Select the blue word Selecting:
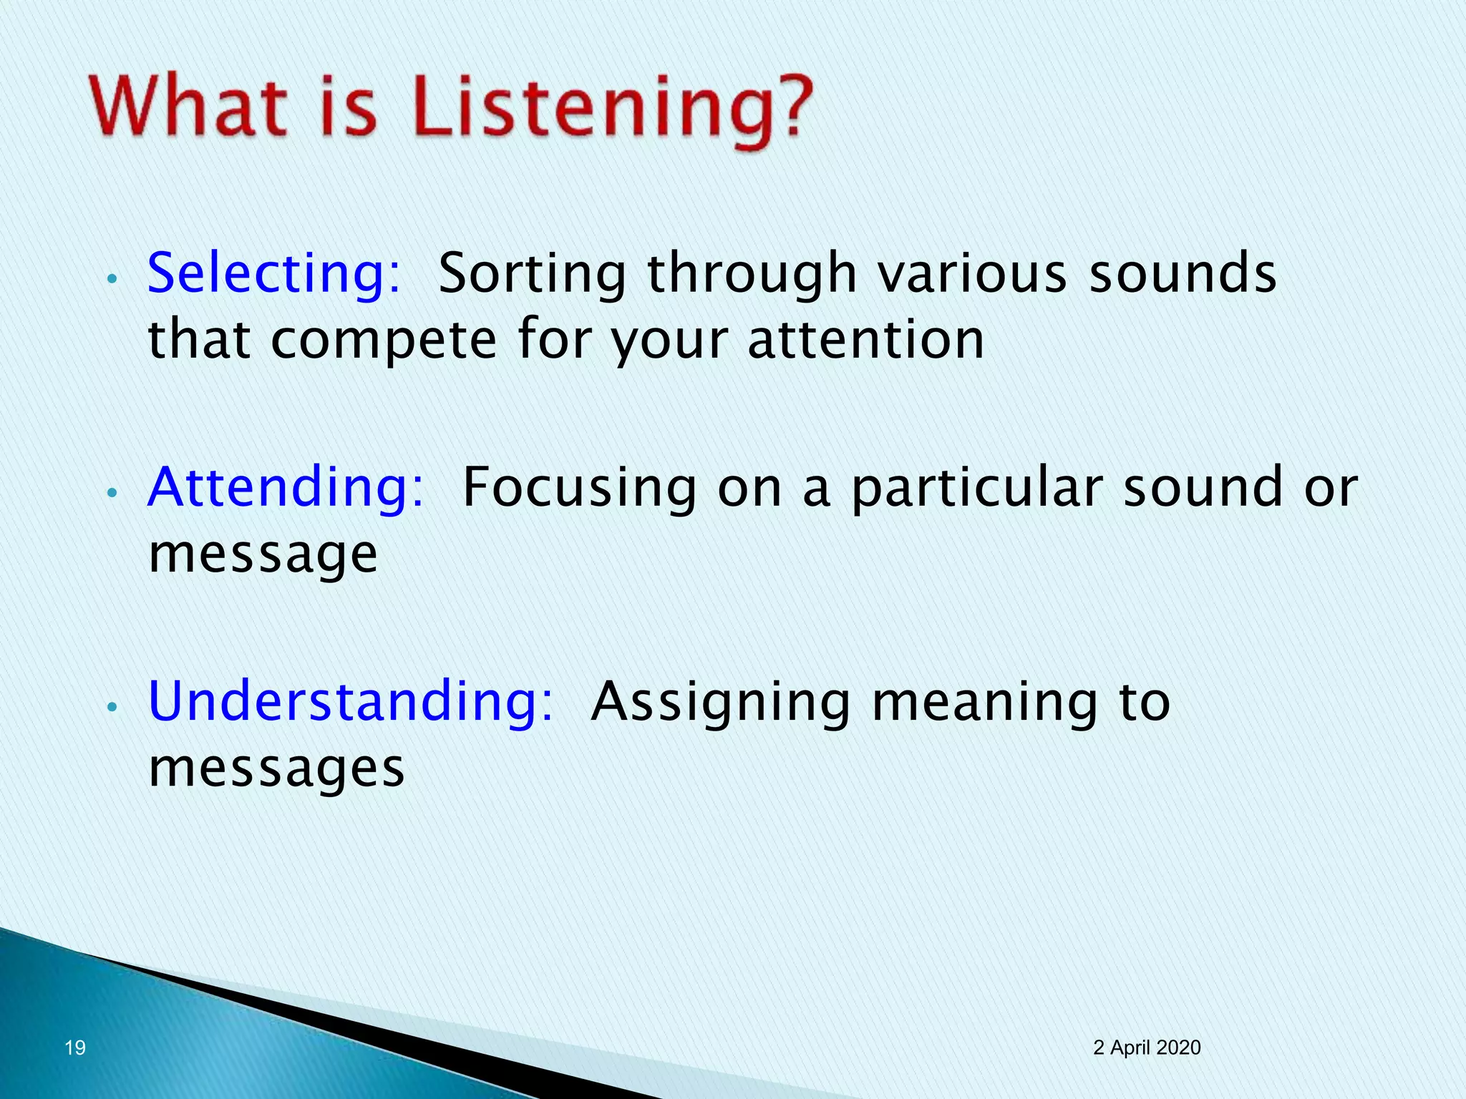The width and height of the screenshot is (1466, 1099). pos(274,274)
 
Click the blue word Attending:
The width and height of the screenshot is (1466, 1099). pos(286,488)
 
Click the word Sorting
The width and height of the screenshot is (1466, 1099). pos(532,274)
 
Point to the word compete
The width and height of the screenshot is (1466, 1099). pos(384,341)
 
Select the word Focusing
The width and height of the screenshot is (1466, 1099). pos(579,488)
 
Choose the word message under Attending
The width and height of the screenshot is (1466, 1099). pos(263,555)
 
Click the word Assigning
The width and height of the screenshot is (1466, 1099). pos(721,703)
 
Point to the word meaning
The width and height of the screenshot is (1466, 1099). pos(985,703)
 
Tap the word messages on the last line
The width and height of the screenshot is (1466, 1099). pos(276,769)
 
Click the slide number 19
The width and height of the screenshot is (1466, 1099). pos(75,1048)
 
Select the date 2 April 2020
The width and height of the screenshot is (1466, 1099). pos(1147,1047)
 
